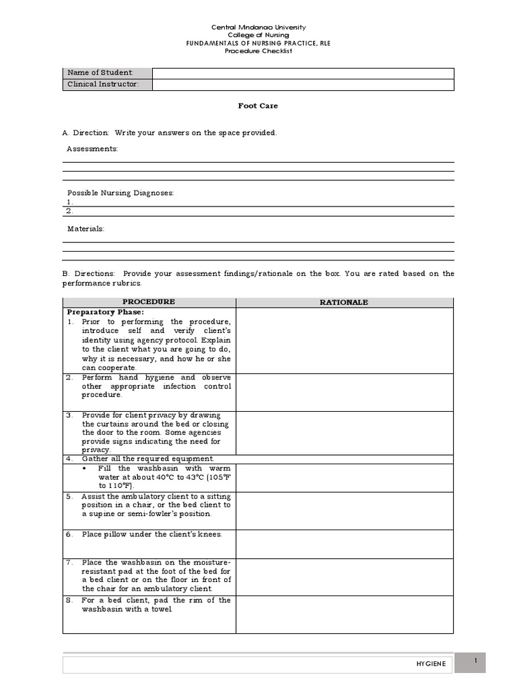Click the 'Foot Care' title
tap(258, 106)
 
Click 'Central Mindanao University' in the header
tap(258, 28)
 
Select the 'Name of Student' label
tap(100, 73)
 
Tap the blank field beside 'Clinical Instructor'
tap(302, 84)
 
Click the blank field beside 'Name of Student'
tap(302, 73)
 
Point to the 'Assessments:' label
tap(92, 149)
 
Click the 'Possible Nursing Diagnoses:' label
tap(120, 193)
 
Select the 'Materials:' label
tap(85, 229)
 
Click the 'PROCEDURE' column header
tap(149, 302)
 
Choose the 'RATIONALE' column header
tap(344, 302)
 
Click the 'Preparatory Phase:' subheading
tap(106, 312)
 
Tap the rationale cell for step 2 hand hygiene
tap(344, 392)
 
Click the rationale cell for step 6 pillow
tap(344, 544)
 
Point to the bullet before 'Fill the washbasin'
tap(83, 468)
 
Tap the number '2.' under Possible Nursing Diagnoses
tap(69, 211)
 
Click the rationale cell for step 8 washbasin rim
tap(344, 614)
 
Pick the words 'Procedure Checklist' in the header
tap(258, 50)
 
